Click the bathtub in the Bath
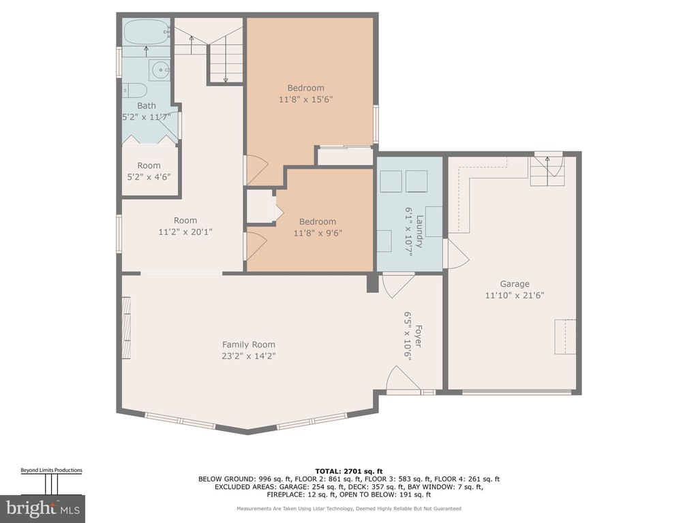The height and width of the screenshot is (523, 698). click(146, 33)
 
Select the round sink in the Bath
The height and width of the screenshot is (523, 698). click(159, 70)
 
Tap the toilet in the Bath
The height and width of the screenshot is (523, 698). click(135, 91)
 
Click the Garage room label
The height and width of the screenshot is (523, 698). click(515, 284)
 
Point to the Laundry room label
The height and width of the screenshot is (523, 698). click(420, 232)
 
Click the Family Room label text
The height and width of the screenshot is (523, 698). click(248, 345)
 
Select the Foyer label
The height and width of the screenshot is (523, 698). click(419, 336)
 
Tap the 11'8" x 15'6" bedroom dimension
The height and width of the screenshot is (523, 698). click(306, 99)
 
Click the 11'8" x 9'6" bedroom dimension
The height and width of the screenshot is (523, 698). click(318, 233)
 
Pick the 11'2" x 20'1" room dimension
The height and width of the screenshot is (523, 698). click(185, 232)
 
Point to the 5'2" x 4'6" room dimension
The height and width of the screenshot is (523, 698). click(149, 176)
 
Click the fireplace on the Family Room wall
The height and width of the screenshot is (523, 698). click(126, 327)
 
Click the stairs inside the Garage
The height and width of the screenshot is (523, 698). click(547, 171)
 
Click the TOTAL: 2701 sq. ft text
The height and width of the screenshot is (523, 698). click(349, 471)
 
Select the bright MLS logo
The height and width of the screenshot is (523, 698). click(43, 508)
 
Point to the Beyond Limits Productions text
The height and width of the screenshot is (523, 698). click(52, 470)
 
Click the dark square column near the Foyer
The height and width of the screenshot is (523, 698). click(372, 283)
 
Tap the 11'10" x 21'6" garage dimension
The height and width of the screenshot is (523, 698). click(515, 296)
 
